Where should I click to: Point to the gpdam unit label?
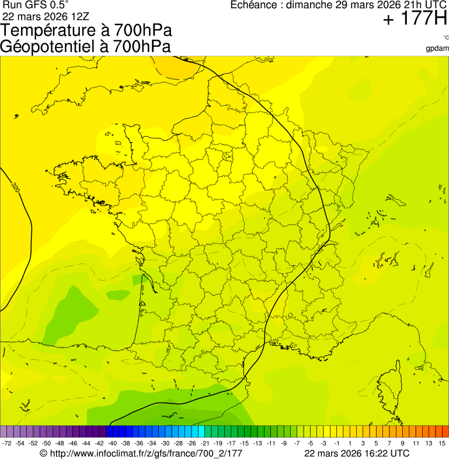click(437, 48)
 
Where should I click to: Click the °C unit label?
click(445, 37)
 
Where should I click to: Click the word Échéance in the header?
click(252, 5)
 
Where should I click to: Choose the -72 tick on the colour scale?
click(7, 443)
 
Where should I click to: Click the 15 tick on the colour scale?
click(443, 443)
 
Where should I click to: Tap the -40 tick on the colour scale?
click(112, 443)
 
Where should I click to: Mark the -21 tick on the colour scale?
click(204, 443)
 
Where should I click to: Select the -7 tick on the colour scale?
click(297, 443)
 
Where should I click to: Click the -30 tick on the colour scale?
click(165, 443)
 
